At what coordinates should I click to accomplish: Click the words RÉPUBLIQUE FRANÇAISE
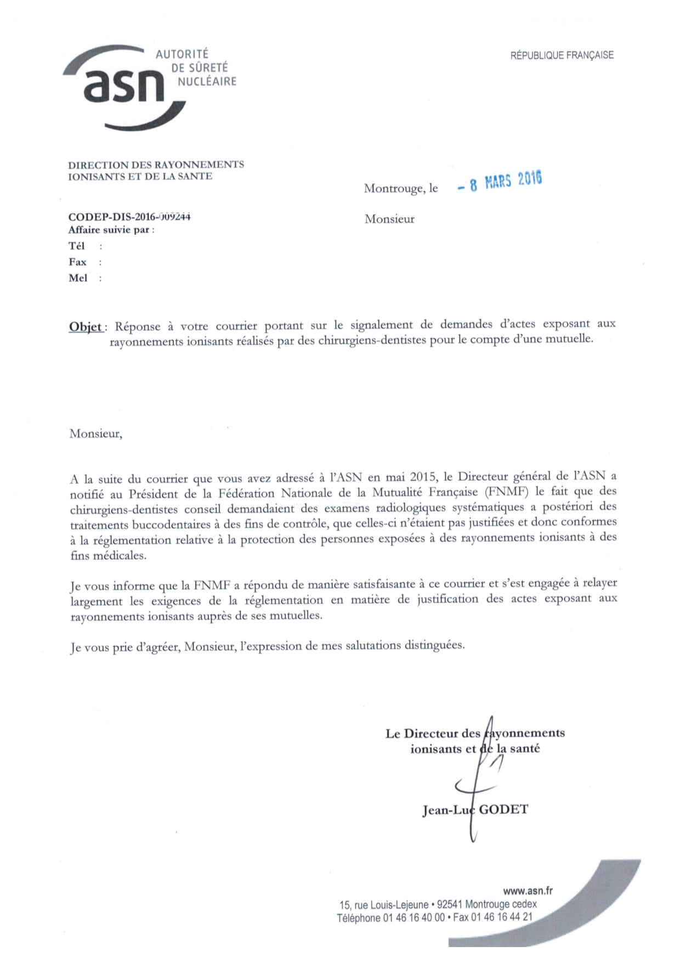click(562, 55)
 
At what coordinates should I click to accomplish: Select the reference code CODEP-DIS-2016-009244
click(129, 217)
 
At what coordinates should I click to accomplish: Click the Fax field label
click(77, 262)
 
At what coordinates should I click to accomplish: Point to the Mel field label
click(77, 278)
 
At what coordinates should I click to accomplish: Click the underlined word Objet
click(86, 327)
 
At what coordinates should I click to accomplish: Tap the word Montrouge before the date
click(394, 189)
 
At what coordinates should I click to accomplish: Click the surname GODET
click(503, 809)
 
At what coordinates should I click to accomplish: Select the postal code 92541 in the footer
click(450, 904)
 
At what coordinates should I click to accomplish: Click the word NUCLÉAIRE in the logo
click(207, 82)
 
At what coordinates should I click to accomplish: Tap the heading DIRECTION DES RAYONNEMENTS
click(156, 165)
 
